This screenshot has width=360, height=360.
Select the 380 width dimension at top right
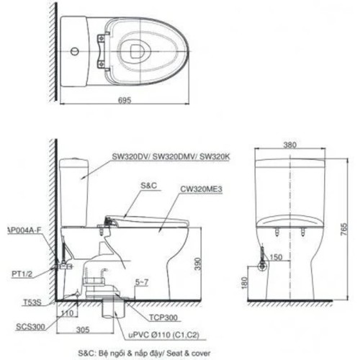pos(290,145)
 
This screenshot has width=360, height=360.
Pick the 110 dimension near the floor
pos(68,315)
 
